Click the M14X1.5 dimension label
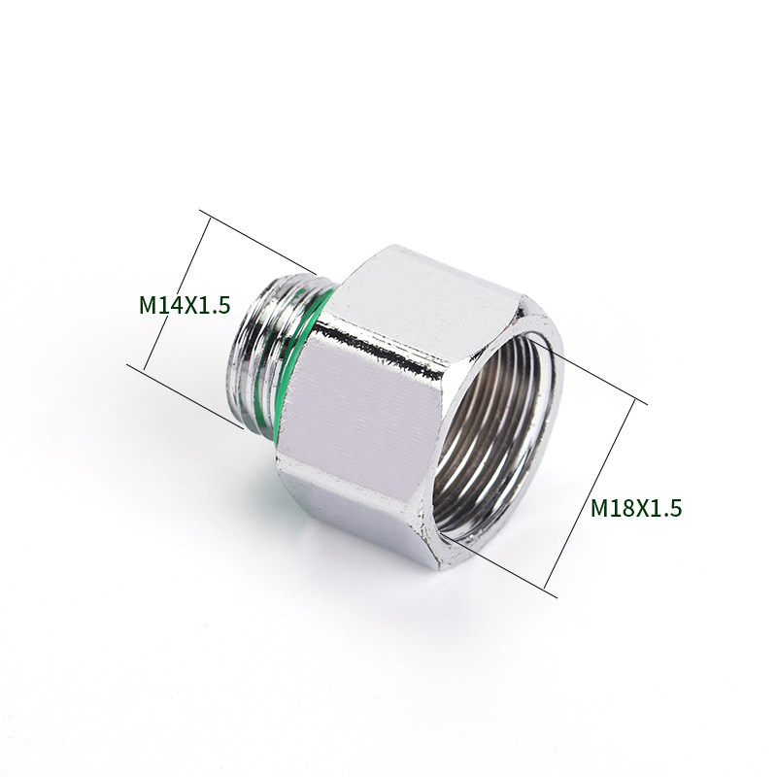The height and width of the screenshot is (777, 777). tap(185, 305)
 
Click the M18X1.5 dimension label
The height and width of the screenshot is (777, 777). tap(636, 508)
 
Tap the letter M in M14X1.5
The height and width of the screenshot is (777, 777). tap(148, 305)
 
